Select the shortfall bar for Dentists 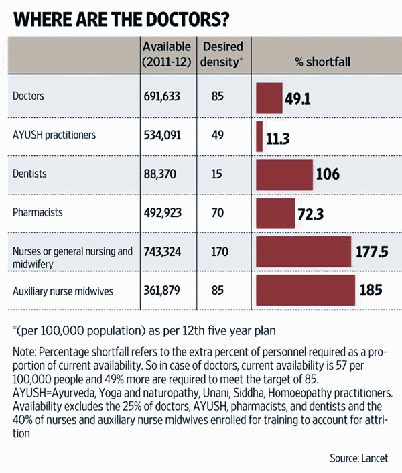point(285,175)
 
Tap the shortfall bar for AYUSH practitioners point(259,136)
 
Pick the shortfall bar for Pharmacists point(275,214)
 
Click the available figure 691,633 point(166,96)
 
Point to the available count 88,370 point(163,174)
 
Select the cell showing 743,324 point(166,252)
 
